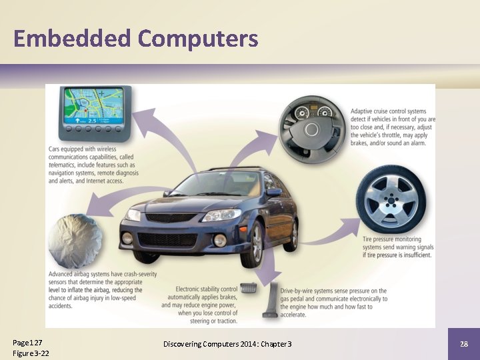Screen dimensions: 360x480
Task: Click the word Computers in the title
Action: click(198, 39)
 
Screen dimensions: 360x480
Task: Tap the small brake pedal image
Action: click(248, 288)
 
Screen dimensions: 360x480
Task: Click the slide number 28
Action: click(464, 343)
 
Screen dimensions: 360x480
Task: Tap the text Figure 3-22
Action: click(31, 353)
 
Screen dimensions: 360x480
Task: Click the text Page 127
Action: click(27, 342)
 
